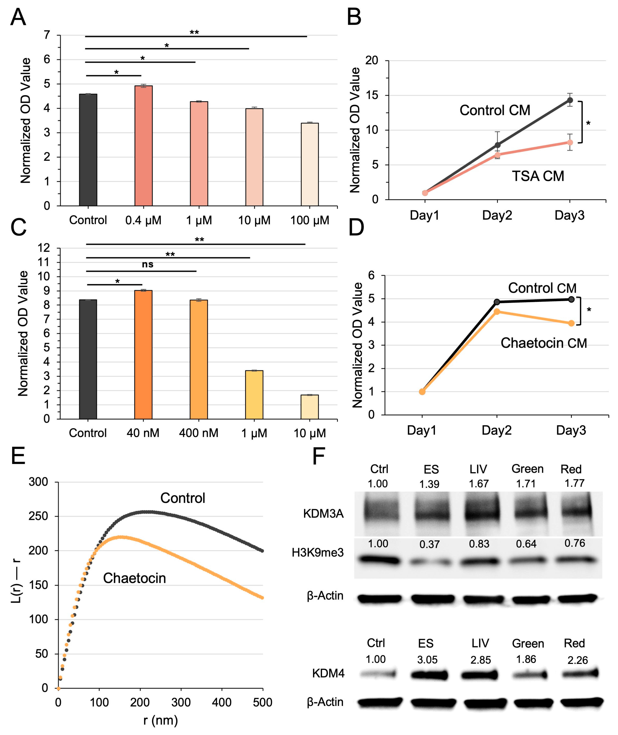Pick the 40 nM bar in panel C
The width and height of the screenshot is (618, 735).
click(143, 354)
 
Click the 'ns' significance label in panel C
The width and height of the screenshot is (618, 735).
click(147, 265)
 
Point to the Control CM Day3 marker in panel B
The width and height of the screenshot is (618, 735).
click(570, 100)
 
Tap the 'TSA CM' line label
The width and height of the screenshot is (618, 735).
click(538, 176)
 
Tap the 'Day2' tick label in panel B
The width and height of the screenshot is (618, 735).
click(497, 215)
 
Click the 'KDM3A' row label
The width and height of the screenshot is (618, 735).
click(323, 514)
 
